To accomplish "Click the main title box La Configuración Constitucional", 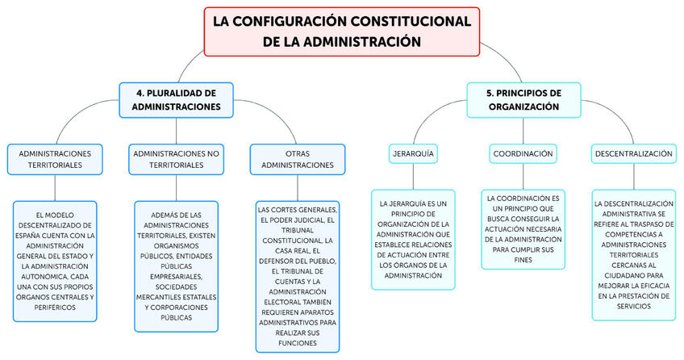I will pyautogui.click(x=342, y=31).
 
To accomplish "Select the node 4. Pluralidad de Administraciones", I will pyautogui.click(x=176, y=99).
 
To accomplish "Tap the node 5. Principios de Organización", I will pyautogui.click(x=523, y=99).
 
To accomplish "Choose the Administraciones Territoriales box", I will pyautogui.click(x=55, y=159).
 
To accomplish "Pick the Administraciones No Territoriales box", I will pyautogui.click(x=176, y=159).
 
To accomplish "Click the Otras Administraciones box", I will pyautogui.click(x=297, y=159).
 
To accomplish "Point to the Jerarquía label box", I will pyautogui.click(x=412, y=153).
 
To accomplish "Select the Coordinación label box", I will pyautogui.click(x=523, y=153).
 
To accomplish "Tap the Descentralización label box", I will pyautogui.click(x=632, y=153).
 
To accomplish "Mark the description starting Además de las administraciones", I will pyautogui.click(x=176, y=266).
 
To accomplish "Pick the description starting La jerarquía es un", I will pyautogui.click(x=412, y=239).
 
